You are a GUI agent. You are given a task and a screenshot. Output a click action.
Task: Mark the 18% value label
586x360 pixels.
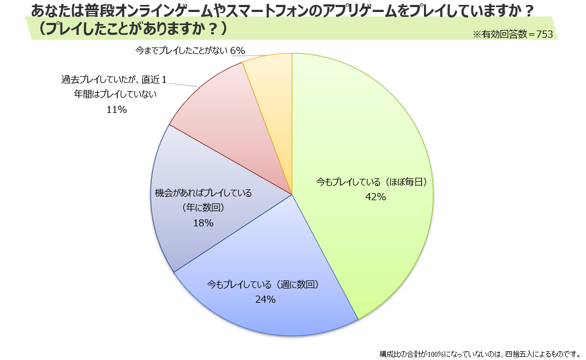click(203, 223)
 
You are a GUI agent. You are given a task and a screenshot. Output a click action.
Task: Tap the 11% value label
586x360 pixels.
click(116, 110)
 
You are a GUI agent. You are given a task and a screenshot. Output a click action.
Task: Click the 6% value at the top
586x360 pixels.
click(237, 51)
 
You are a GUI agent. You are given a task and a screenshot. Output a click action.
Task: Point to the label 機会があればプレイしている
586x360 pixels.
click(203, 193)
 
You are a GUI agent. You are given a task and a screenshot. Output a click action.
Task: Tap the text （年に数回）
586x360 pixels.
click(203, 207)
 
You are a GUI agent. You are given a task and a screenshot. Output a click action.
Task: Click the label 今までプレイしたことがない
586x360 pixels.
click(181, 51)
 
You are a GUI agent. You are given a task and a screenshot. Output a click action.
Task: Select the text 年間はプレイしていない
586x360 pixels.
click(116, 94)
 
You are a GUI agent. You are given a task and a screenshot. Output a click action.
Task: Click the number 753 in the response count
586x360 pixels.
click(545, 34)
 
